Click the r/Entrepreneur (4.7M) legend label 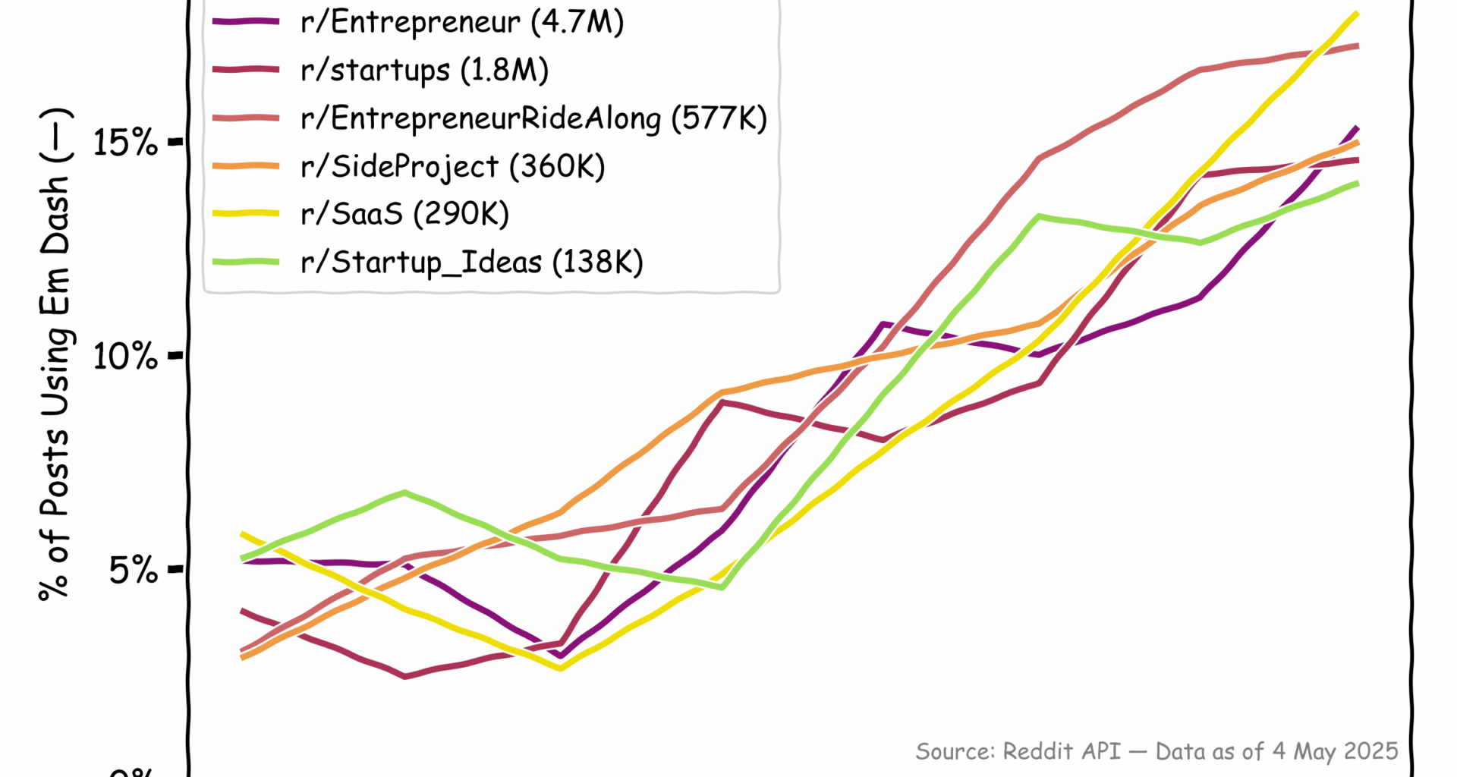click(x=462, y=22)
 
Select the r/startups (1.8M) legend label click(x=424, y=70)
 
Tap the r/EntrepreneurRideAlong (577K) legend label click(x=533, y=118)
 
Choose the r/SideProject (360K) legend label click(x=452, y=166)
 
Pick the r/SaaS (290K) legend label click(x=404, y=214)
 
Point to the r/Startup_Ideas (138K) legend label click(x=471, y=262)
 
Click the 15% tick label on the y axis click(x=125, y=142)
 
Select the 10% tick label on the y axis click(x=125, y=355)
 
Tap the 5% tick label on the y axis click(x=134, y=569)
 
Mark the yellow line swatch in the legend click(x=246, y=214)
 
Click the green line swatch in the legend click(x=246, y=262)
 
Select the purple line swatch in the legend click(x=246, y=22)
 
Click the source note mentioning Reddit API click(x=1156, y=751)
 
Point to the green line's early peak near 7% click(x=404, y=492)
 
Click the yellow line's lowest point click(x=560, y=668)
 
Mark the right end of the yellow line click(x=1357, y=14)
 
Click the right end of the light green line click(x=1357, y=183)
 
